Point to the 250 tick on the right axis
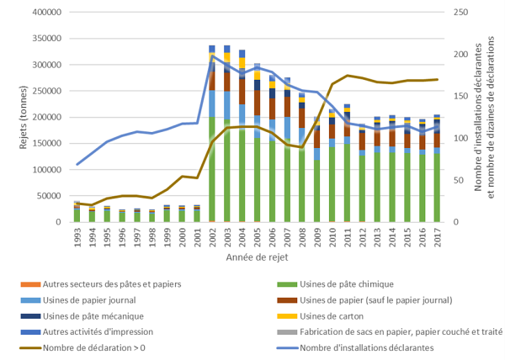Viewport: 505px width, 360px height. (x=455, y=13)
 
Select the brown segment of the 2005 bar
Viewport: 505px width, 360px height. (x=257, y=102)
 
